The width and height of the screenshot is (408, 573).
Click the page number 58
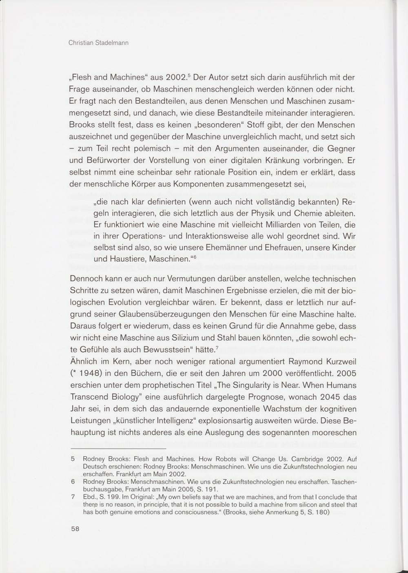[75, 529]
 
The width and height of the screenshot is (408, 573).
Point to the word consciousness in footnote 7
[199, 513]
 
